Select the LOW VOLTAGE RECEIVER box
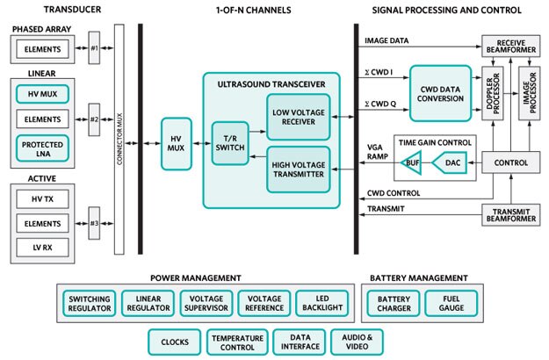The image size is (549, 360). pyautogui.click(x=299, y=116)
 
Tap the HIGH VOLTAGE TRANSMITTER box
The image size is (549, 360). pyautogui.click(x=299, y=167)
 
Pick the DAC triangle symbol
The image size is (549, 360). pyautogui.click(x=451, y=162)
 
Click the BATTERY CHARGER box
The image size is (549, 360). pyautogui.click(x=393, y=303)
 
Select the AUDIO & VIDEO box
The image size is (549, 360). pyautogui.click(x=357, y=342)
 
